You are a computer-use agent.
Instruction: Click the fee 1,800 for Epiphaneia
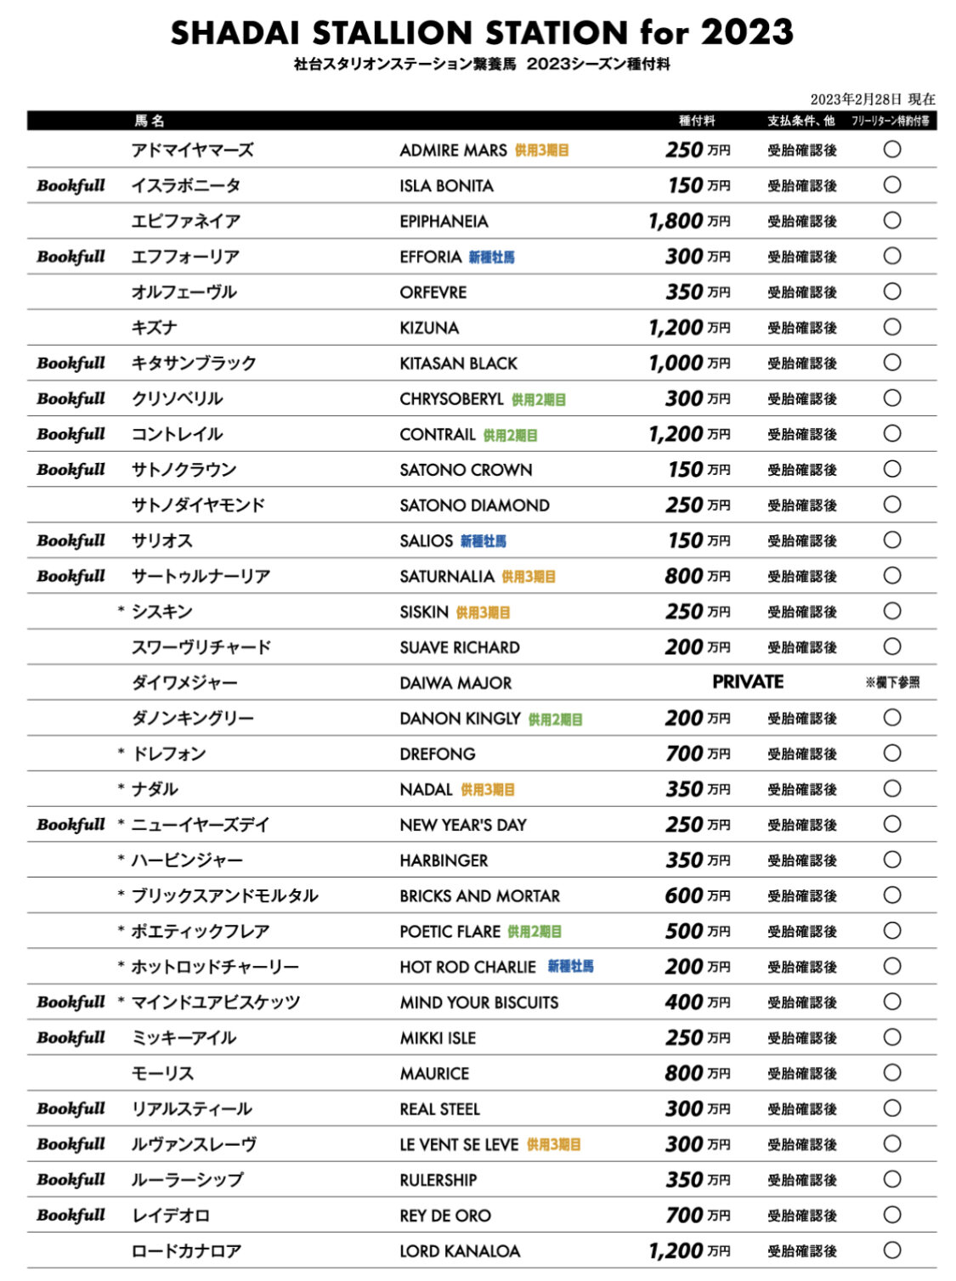pos(676,222)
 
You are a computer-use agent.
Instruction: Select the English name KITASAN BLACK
pos(458,364)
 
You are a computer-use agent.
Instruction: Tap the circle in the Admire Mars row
pos(891,150)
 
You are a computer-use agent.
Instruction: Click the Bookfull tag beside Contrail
pos(71,434)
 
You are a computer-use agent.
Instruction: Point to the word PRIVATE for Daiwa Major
pos(748,682)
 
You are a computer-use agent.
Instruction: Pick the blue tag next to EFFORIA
pos(491,257)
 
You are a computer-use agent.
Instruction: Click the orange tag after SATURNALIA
pos(529,577)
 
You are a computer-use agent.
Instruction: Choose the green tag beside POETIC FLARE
pos(535,932)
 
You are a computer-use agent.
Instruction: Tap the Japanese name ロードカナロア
pos(186,1251)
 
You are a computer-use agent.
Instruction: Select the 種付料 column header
pos(697,121)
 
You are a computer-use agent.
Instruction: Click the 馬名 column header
pos(150,121)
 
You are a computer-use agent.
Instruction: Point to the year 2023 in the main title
pos(747,33)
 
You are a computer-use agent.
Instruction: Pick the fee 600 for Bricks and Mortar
pos(684,896)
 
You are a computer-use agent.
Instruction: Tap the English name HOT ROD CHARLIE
pos(467,968)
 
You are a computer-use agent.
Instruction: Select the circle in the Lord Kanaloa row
pos(891,1250)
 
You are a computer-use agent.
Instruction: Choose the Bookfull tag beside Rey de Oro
pos(71,1216)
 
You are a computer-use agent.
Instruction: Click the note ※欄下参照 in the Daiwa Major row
pos(892,683)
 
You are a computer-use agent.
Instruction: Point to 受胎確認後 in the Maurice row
pos(802,1074)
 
